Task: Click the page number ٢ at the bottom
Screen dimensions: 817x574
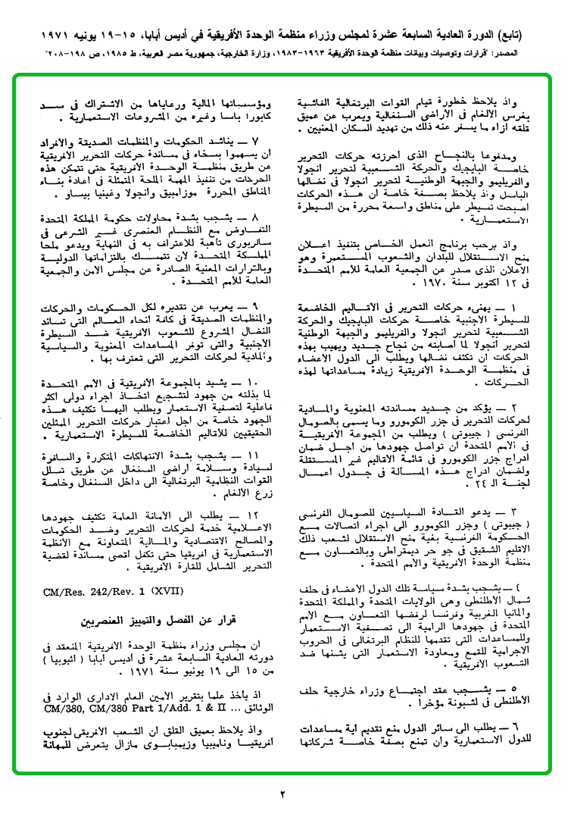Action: click(x=281, y=794)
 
